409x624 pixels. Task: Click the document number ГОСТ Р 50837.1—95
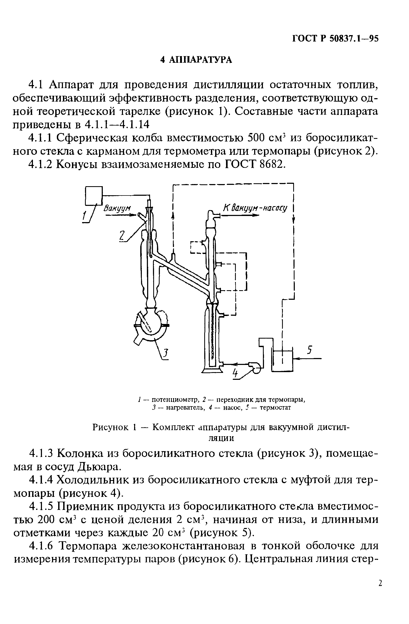tap(335, 39)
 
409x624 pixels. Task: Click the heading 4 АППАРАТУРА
tap(196, 60)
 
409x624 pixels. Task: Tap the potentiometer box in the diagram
tap(93, 196)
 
